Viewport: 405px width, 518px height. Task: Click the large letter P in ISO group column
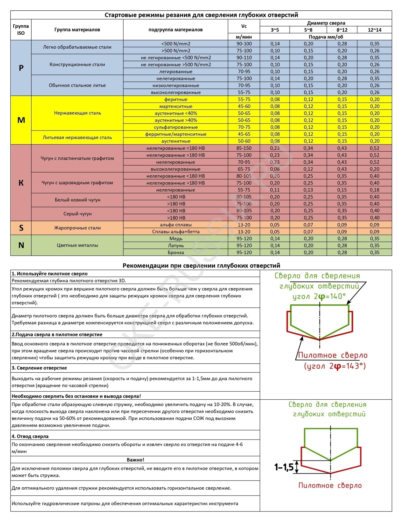21,68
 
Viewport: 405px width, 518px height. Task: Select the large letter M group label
21,120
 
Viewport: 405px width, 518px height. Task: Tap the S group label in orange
21,228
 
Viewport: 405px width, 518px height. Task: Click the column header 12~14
374,30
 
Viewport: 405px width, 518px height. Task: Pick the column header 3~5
275,30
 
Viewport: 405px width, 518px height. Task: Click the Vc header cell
244,26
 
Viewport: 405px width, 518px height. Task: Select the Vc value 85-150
244,148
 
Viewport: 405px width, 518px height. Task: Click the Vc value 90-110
244,57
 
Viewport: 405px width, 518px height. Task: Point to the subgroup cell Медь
176,239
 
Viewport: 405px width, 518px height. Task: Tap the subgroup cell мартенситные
176,106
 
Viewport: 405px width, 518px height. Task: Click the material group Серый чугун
77,214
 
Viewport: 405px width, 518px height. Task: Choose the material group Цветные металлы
77,245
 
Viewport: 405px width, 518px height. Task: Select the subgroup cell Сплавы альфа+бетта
176,232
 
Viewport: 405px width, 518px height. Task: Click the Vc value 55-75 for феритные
244,99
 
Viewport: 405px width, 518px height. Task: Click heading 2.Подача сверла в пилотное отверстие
57,334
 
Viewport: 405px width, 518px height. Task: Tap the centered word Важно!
135,460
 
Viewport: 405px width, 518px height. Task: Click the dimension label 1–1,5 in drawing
284,467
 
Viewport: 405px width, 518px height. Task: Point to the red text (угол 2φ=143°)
334,366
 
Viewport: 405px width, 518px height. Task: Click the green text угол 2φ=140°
319,296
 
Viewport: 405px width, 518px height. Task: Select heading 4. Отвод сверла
30,436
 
